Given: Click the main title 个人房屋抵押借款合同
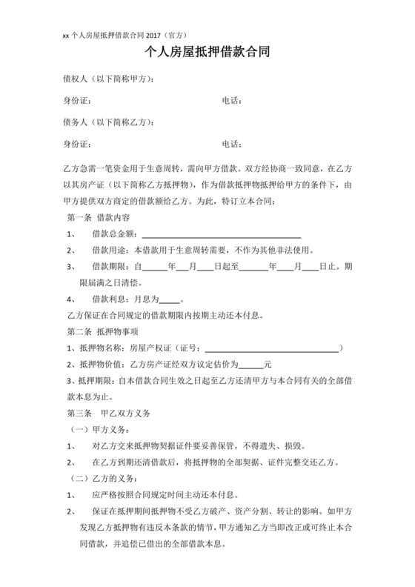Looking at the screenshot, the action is coord(207,53).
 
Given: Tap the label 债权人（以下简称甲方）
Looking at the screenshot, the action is coord(109,79).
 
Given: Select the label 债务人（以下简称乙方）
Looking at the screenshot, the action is coord(109,122).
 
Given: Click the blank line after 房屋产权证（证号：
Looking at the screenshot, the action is coord(270,348).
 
